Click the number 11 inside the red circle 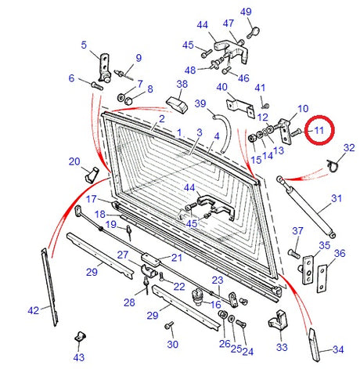[x=319, y=131]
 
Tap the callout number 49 [x=246, y=11]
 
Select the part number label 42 [x=33, y=310]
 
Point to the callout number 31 [x=337, y=199]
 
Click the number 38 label [x=182, y=84]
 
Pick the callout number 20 [x=74, y=161]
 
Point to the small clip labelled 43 [x=79, y=336]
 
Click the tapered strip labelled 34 [x=316, y=341]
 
